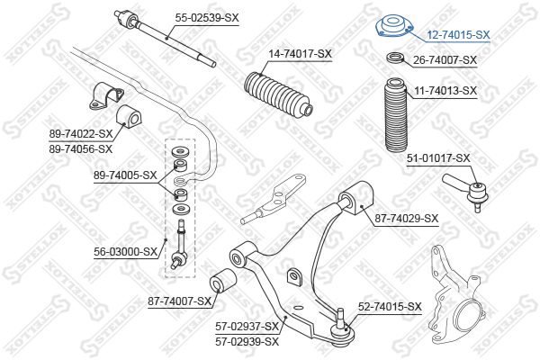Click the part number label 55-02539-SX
click(x=208, y=17)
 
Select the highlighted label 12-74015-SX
click(x=458, y=35)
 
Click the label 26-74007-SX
click(x=445, y=60)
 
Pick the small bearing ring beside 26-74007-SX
click(x=394, y=59)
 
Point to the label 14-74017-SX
click(x=300, y=54)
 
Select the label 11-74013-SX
click(x=445, y=91)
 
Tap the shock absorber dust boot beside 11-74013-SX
click(x=393, y=117)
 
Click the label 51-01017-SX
click(x=438, y=158)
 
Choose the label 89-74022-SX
click(x=81, y=134)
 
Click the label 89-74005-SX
click(x=125, y=175)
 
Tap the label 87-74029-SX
click(x=407, y=218)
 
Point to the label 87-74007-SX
click(x=177, y=301)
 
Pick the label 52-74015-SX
click(x=390, y=307)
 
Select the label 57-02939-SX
click(x=247, y=341)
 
